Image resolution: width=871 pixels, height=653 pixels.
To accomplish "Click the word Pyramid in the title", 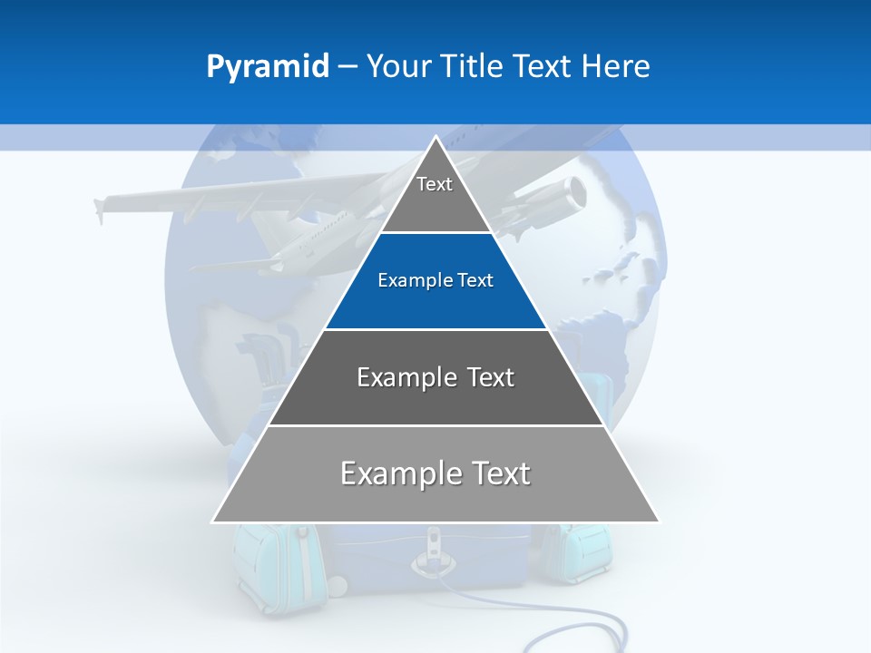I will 267,67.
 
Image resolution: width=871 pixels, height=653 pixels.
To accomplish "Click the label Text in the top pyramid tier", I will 435,184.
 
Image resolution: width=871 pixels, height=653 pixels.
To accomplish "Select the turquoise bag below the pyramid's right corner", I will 581,553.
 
